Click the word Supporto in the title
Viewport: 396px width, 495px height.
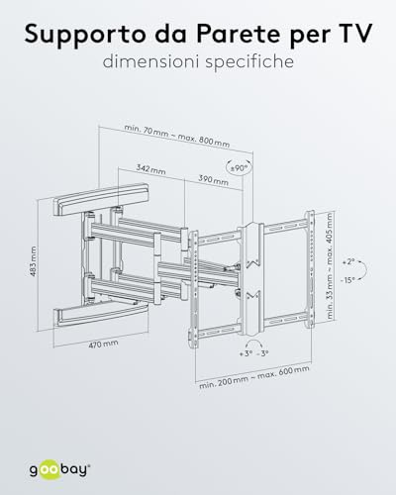85,35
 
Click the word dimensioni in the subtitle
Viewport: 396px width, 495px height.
150,61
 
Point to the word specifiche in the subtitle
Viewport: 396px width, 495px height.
249,62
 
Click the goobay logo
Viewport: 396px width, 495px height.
59,469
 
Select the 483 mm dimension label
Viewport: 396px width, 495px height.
33,261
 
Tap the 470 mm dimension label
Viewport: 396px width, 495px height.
103,345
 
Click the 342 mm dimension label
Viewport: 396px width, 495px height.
150,169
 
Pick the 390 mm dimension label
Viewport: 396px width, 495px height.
213,180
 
